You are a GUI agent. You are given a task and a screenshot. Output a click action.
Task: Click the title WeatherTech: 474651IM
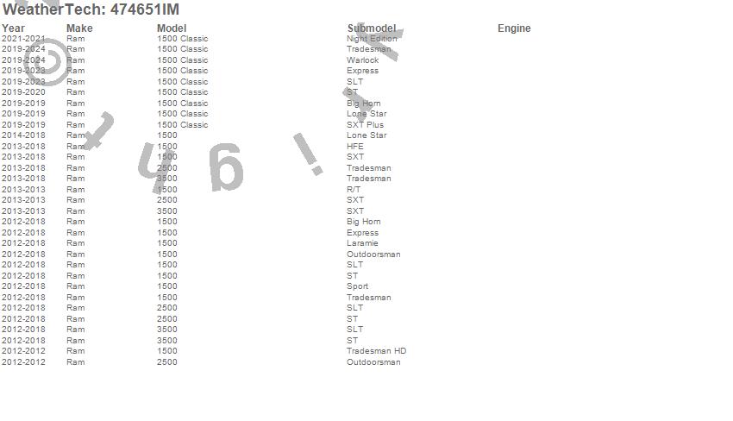[x=91, y=9]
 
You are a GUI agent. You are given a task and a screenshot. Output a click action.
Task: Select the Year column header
[x=13, y=28]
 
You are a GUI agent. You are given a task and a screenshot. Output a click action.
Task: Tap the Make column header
[x=79, y=28]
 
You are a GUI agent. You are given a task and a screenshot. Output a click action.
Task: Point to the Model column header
[x=172, y=28]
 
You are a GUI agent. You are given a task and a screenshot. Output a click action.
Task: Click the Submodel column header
[x=372, y=28]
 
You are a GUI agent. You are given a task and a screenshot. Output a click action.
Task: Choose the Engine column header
[x=514, y=28]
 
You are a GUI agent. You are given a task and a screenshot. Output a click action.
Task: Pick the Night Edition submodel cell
[x=372, y=39]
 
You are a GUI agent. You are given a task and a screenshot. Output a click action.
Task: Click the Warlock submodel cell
[x=362, y=60]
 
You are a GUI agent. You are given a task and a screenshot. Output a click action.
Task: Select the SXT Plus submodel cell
[x=365, y=125]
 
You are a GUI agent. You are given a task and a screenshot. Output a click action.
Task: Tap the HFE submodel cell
[x=355, y=147]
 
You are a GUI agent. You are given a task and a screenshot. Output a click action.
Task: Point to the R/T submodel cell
[x=354, y=190]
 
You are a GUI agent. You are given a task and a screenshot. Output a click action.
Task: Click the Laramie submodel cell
[x=362, y=243]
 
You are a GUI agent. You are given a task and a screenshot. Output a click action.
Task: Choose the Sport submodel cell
[x=357, y=286]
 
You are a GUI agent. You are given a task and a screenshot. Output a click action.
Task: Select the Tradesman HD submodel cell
[x=376, y=351]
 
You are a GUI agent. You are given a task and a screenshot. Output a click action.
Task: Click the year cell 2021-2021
[x=23, y=39]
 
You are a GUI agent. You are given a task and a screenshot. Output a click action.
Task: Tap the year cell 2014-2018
[x=23, y=135]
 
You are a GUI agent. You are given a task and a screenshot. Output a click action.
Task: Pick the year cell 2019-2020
[x=23, y=92]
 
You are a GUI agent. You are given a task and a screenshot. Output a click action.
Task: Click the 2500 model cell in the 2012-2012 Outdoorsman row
[x=166, y=362]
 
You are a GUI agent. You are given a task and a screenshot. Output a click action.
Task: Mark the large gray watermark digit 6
[x=226, y=168]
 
